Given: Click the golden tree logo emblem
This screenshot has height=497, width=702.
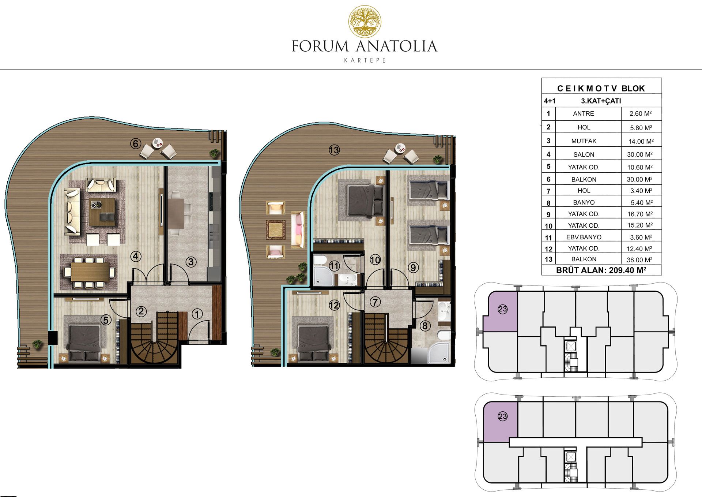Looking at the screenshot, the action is click(365, 22).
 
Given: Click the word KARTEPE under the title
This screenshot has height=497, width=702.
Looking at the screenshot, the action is click(365, 60).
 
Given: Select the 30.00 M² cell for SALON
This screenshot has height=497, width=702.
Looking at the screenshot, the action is click(640, 154).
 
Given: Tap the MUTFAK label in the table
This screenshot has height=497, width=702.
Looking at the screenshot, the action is click(584, 141).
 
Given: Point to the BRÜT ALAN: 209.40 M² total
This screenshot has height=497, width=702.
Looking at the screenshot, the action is click(601, 270).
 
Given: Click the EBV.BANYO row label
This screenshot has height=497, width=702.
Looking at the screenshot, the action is click(584, 237).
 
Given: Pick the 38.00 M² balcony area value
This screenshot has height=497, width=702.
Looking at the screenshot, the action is click(640, 260).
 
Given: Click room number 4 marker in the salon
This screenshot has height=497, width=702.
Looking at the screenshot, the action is click(136, 256).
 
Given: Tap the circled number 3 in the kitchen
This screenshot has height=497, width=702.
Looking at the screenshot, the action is click(191, 262).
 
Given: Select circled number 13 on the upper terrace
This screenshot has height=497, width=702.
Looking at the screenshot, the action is click(334, 150).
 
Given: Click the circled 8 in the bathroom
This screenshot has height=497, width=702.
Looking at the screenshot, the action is click(424, 325).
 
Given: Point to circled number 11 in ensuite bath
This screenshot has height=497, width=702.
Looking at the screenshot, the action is click(334, 266).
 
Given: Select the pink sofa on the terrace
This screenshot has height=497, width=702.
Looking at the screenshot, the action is click(297, 230).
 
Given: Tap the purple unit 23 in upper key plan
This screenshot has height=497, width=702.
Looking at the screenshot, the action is click(500, 311).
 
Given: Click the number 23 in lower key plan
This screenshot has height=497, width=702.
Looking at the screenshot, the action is click(503, 416).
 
